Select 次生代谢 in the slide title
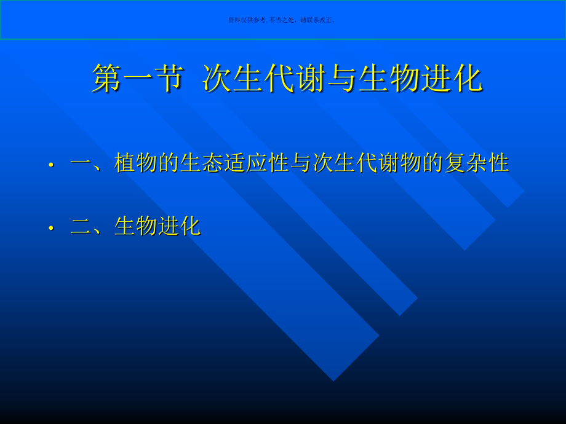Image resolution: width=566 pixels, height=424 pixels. click(x=265, y=79)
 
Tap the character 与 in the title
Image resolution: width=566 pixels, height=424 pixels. click(x=342, y=79)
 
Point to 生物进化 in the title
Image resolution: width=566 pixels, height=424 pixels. click(x=420, y=79)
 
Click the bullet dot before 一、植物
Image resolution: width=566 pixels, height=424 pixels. click(x=52, y=165)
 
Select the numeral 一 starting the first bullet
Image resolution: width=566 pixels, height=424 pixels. click(x=81, y=163)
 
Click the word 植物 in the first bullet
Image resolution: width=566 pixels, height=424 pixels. click(x=136, y=163)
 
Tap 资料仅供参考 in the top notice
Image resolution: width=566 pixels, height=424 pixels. click(x=247, y=20)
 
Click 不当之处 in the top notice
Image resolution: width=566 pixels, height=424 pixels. click(x=282, y=20)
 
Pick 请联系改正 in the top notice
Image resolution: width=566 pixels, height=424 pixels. click(x=317, y=20)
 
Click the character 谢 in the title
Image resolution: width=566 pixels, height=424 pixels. click(x=311, y=79)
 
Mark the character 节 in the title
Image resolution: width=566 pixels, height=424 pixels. click(x=169, y=79)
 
